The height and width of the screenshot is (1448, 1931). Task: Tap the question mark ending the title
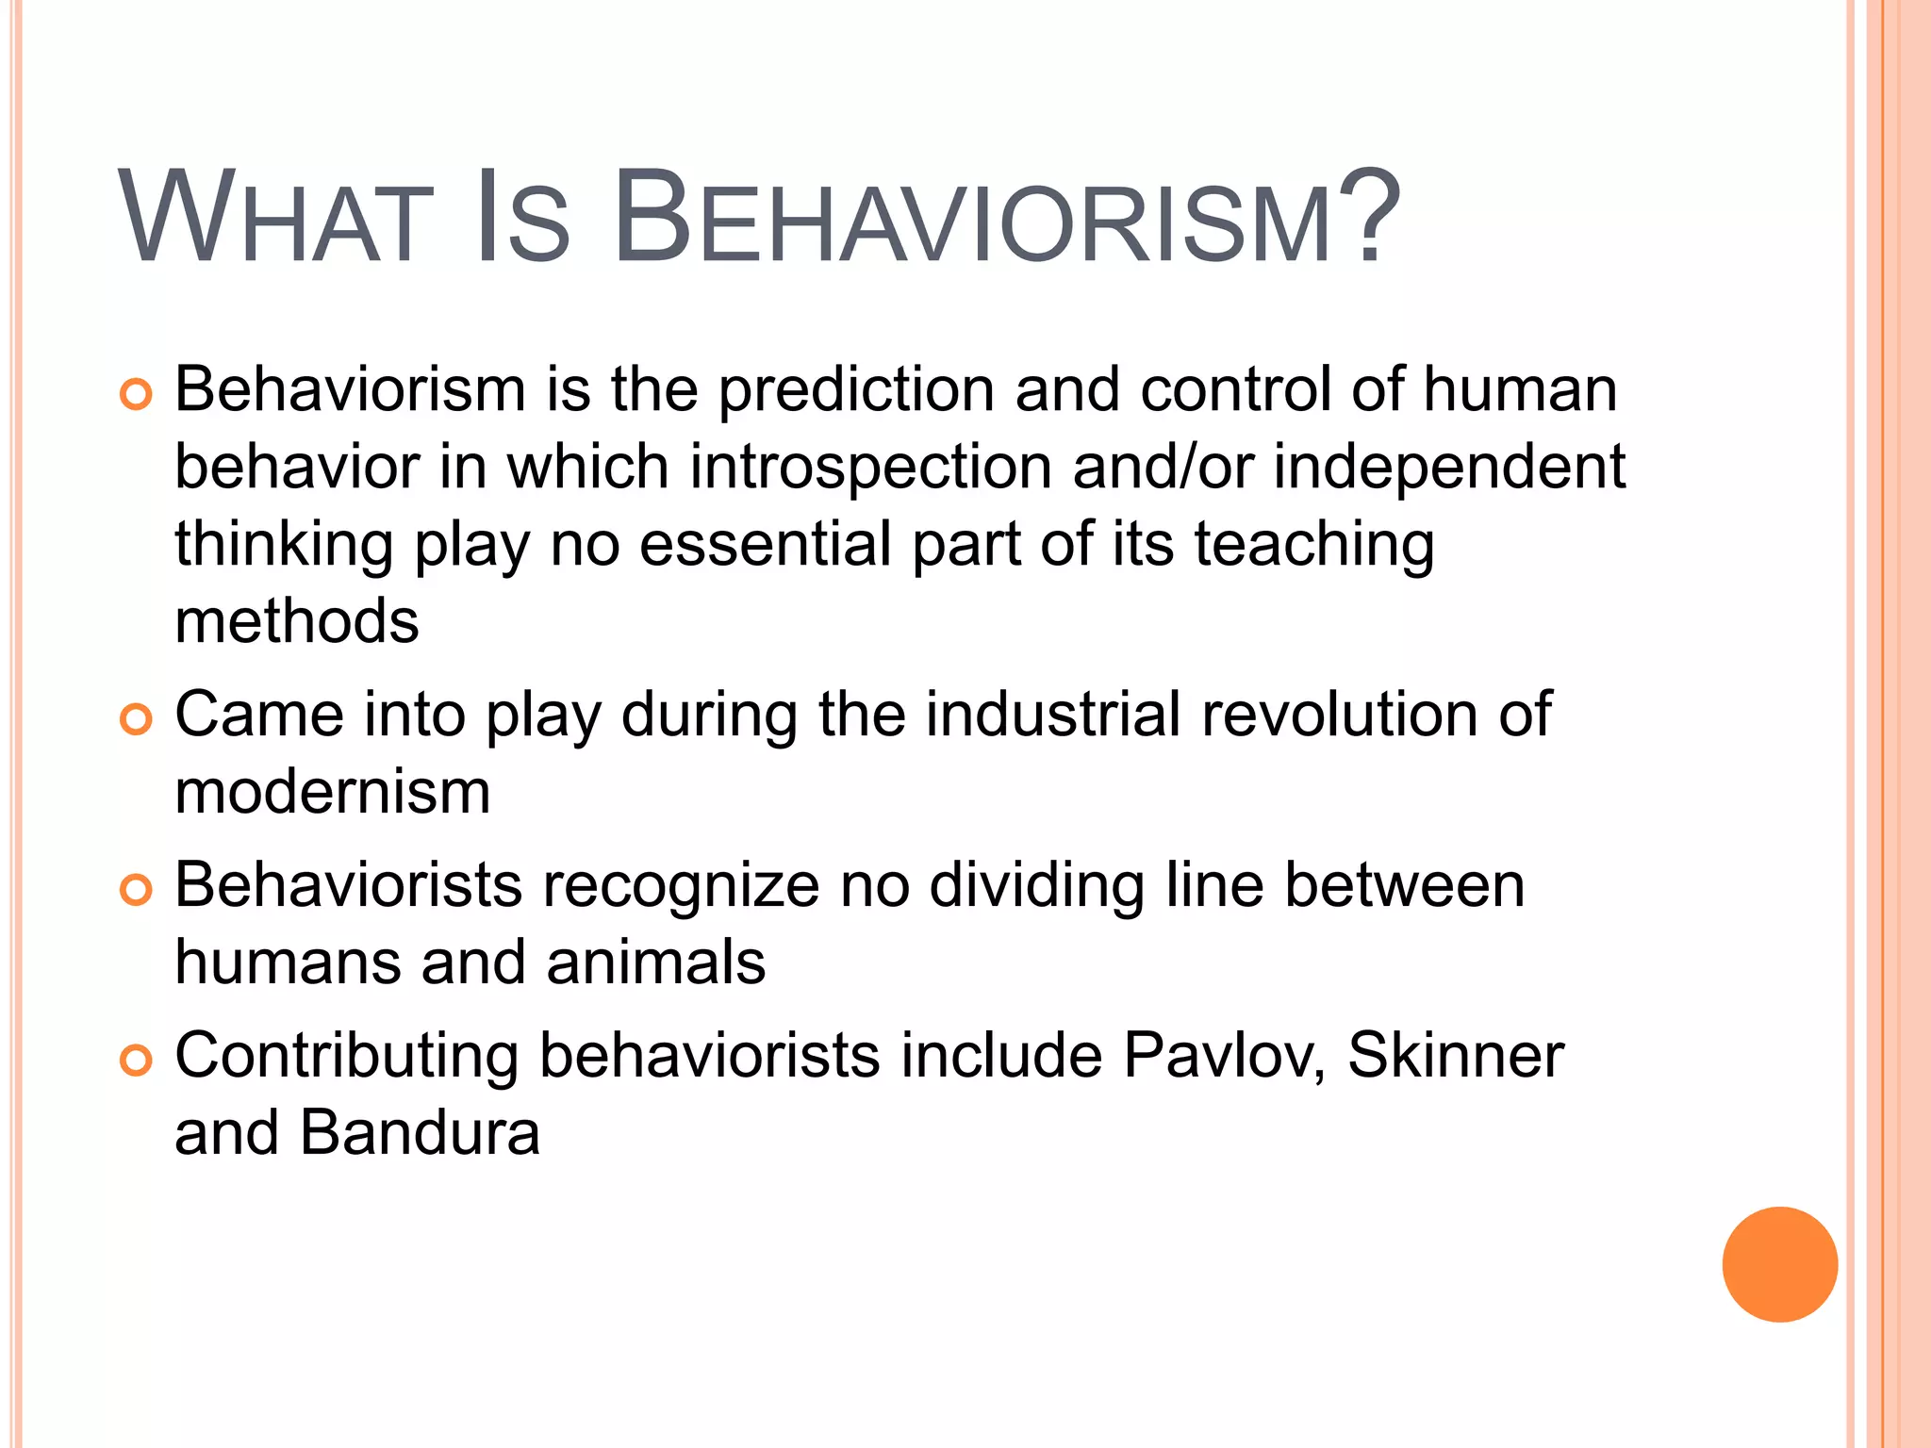point(1367,219)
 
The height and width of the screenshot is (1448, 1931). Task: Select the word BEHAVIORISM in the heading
point(971,219)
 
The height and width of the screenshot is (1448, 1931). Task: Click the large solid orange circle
point(1779,1264)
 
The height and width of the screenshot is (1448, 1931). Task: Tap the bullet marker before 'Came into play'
point(136,719)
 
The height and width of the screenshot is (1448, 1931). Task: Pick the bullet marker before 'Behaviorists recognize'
point(136,889)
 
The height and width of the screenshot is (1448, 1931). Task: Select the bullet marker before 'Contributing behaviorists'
point(136,1060)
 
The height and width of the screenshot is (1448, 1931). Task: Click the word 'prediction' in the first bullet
point(856,390)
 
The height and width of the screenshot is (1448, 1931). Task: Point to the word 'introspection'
point(870,468)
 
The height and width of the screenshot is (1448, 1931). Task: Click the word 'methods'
point(296,622)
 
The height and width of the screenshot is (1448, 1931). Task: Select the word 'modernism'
point(333,792)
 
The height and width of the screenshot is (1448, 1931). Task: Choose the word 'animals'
point(655,963)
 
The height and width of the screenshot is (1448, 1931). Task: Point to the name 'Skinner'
point(1455,1056)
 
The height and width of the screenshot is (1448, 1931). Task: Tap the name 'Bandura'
point(420,1133)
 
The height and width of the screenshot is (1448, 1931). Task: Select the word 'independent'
point(1449,468)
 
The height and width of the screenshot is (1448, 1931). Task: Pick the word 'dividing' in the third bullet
point(1036,886)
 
